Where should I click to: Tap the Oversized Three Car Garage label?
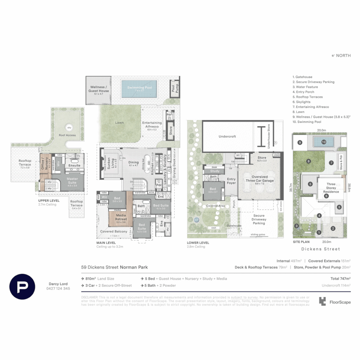tap(259, 179)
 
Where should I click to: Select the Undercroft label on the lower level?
tap(227, 136)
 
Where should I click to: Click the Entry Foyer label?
tap(231, 181)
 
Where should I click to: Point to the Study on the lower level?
tap(215, 171)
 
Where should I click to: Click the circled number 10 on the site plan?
tap(324, 142)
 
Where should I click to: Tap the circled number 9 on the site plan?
tap(300, 143)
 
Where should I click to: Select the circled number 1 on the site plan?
tap(319, 232)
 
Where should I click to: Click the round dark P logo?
tap(22, 286)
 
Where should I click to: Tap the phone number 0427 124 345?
tap(58, 288)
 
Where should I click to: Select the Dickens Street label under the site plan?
tap(321, 249)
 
